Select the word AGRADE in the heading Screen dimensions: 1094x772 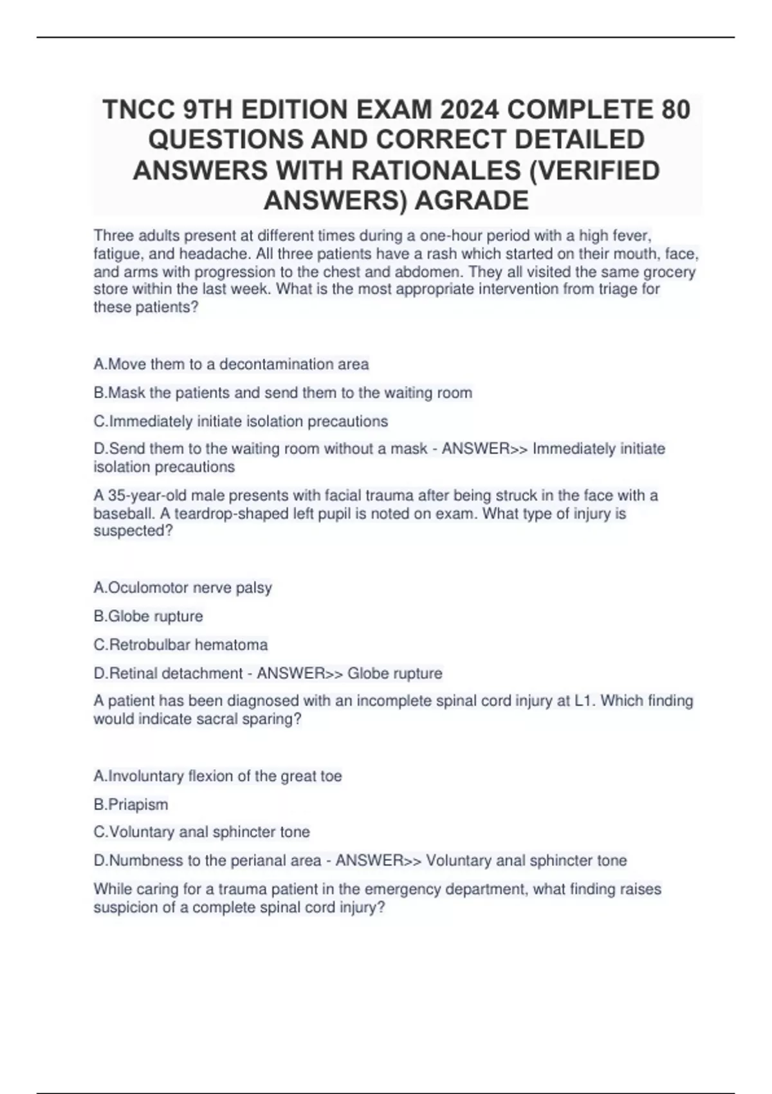[471, 200]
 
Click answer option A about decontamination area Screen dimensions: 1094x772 [231, 364]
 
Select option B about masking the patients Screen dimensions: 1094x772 [282, 393]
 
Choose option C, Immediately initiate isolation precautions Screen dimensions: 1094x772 [241, 422]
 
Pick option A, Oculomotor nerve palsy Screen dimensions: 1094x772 [183, 588]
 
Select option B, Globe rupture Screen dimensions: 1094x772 [148, 616]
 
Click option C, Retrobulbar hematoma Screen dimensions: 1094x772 [181, 644]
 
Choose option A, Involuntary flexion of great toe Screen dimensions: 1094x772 [217, 776]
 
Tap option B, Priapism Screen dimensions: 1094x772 [131, 804]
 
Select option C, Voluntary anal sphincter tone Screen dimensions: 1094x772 [201, 832]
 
